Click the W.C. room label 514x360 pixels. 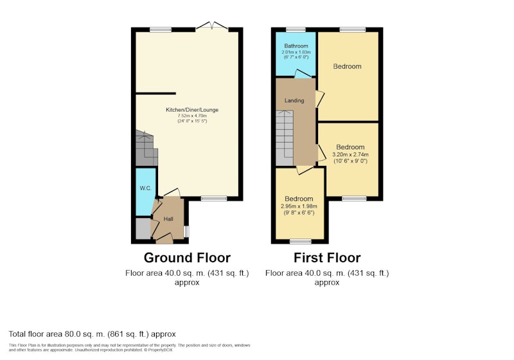tap(146, 188)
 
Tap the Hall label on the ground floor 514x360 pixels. tap(168, 219)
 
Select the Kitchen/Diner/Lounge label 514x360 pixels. tap(192, 110)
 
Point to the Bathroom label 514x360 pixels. tap(296, 46)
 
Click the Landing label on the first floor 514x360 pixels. tap(294, 101)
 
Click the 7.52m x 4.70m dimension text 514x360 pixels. tap(192, 116)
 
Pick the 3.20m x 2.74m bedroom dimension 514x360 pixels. tap(350, 154)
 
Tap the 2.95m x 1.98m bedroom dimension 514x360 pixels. tap(299, 206)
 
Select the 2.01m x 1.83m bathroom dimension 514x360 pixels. tap(296, 52)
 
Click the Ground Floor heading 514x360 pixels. tap(187, 258)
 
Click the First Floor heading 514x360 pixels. tap(327, 258)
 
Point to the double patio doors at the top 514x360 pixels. tap(212, 26)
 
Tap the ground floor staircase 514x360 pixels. tap(146, 148)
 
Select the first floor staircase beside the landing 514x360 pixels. tap(284, 138)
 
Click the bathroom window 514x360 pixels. tap(296, 30)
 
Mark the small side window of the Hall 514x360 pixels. tap(186, 231)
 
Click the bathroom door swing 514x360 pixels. tap(303, 74)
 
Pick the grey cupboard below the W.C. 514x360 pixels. tap(143, 228)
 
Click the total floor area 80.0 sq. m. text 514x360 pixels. tap(92, 334)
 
